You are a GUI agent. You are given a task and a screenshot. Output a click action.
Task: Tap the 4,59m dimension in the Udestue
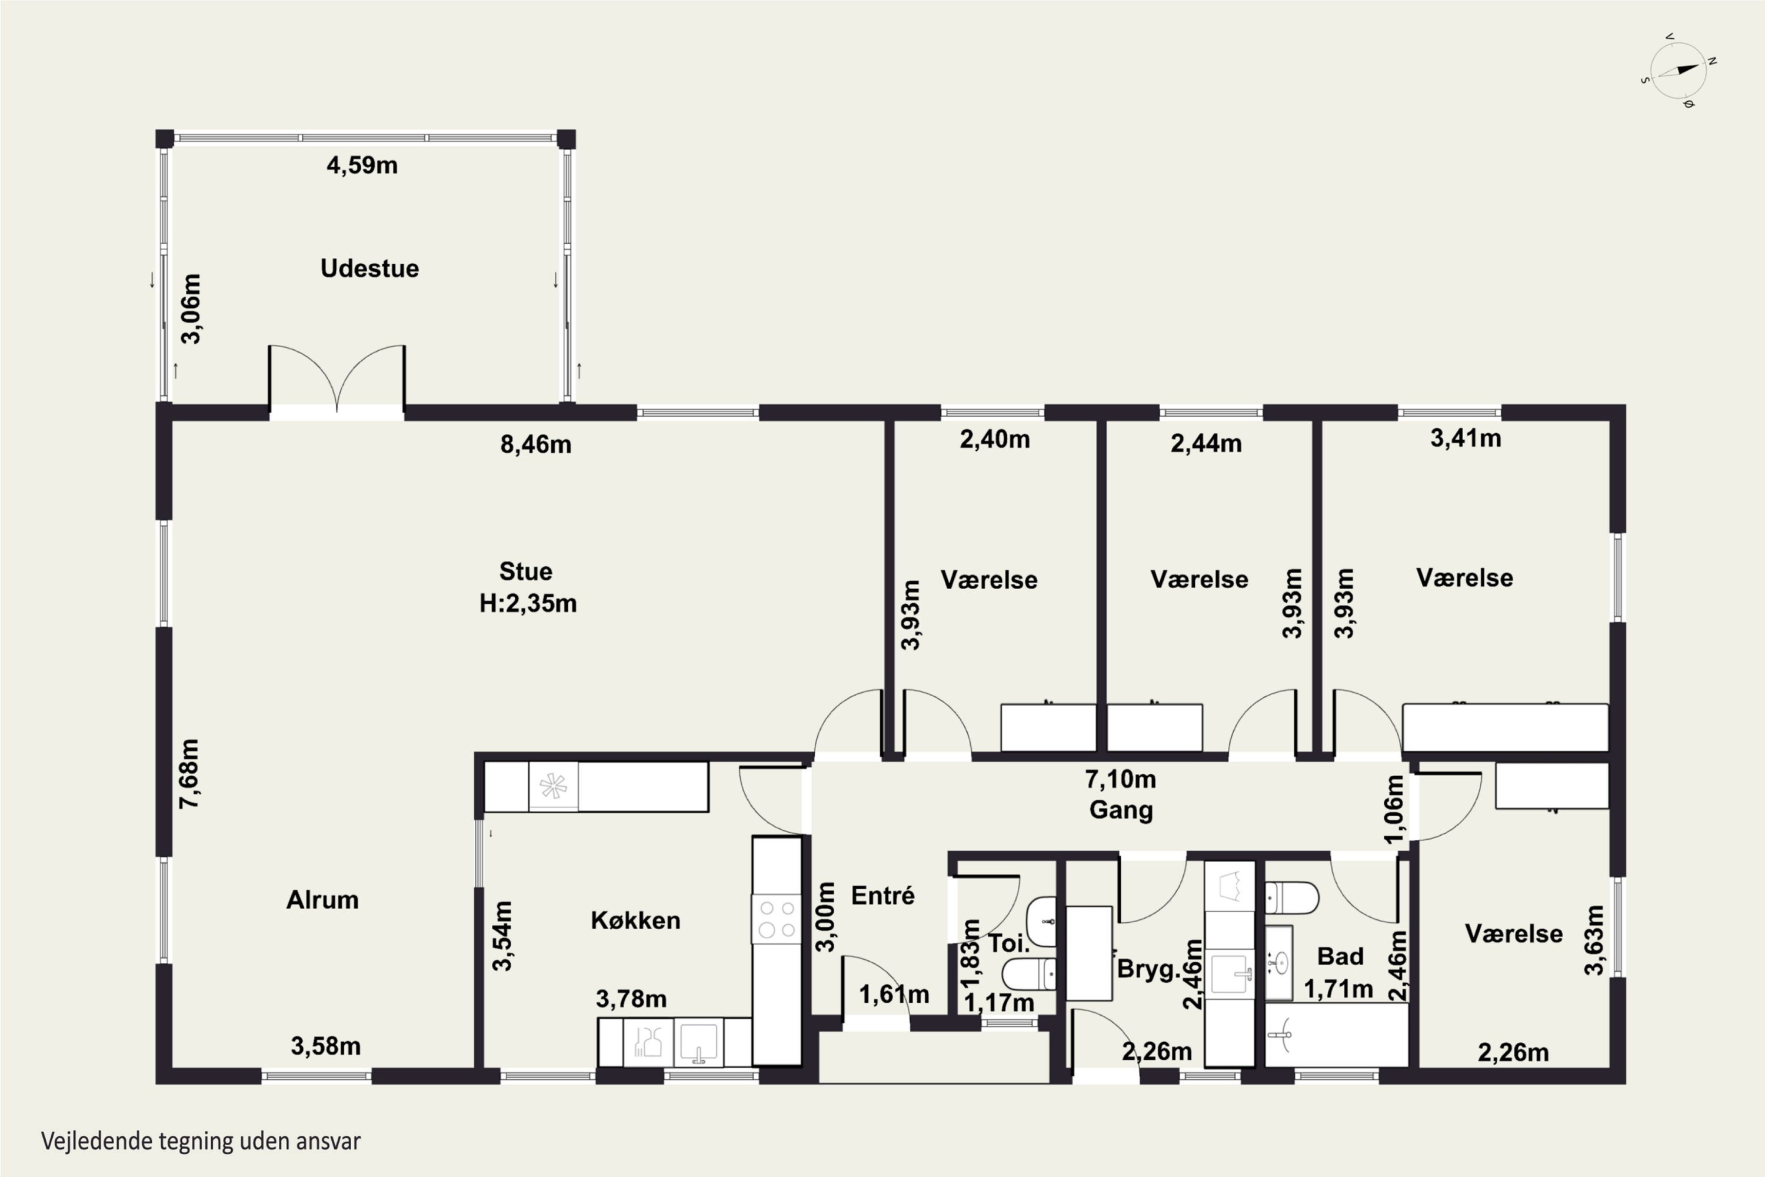[x=362, y=165]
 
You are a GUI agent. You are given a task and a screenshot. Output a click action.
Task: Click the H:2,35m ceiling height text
[x=528, y=604]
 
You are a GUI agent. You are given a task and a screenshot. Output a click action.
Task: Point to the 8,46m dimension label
[x=536, y=444]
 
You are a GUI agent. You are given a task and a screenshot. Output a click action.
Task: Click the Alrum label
[x=322, y=899]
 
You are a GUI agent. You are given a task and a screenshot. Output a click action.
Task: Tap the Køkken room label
[x=635, y=920]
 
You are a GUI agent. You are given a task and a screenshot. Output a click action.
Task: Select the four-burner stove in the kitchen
[x=777, y=919]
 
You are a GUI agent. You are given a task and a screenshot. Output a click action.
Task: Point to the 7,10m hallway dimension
[x=1120, y=779]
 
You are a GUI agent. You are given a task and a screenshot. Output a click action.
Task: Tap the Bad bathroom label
[x=1340, y=956]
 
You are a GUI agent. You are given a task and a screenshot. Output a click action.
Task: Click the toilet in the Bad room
[x=1291, y=898]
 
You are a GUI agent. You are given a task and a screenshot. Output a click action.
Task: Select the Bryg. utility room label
[x=1149, y=970]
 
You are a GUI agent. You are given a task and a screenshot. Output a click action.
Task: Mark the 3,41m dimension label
[x=1466, y=438]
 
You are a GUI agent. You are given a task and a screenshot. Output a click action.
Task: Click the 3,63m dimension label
[x=1594, y=940]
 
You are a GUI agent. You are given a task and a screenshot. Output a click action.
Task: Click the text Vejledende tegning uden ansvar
[x=201, y=1142]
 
